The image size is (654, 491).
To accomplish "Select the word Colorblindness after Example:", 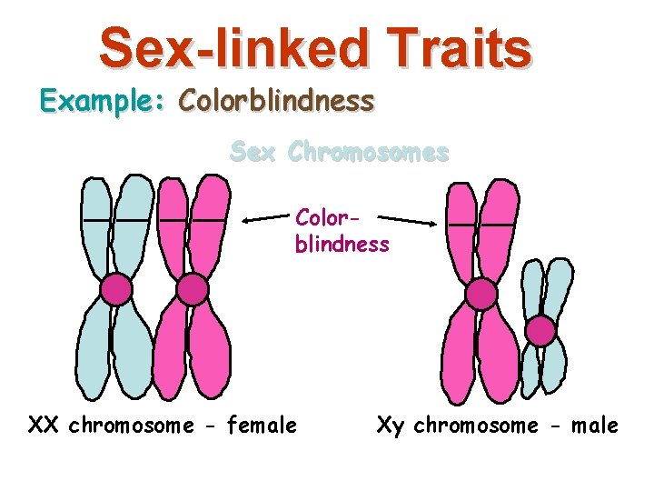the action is (x=276, y=101).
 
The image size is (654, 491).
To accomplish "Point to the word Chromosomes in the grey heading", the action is (x=368, y=152).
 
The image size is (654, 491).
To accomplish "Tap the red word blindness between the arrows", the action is (x=342, y=245).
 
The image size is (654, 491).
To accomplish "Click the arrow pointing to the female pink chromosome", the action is (x=268, y=219).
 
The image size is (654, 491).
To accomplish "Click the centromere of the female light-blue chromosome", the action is (x=116, y=289).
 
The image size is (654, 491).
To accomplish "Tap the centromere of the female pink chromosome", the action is (x=192, y=289).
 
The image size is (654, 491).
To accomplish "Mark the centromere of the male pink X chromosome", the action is (x=481, y=293).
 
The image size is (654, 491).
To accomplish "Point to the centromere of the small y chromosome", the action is (x=541, y=331).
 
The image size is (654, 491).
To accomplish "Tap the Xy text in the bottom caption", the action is (x=391, y=425).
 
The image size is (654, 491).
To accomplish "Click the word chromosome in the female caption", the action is (x=131, y=426).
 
